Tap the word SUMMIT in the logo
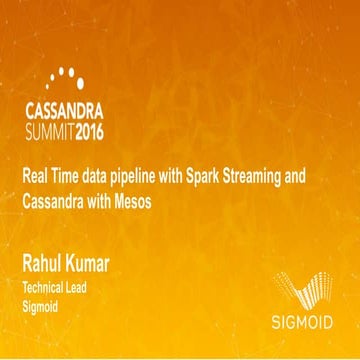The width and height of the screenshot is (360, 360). click(x=47, y=130)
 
